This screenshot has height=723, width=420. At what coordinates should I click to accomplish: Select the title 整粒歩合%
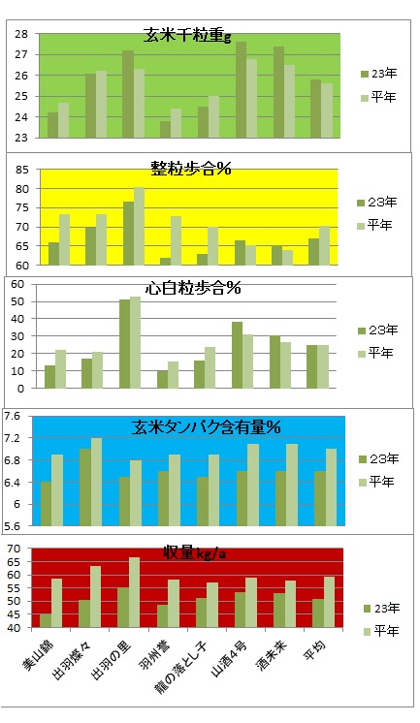(189, 169)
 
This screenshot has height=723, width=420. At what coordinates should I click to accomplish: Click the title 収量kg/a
(187, 552)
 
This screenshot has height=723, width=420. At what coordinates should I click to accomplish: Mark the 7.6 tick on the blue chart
(14, 416)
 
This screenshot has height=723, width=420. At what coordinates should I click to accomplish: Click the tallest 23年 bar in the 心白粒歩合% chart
(124, 344)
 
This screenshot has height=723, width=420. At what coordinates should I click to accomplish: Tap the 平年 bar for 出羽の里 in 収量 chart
(134, 592)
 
